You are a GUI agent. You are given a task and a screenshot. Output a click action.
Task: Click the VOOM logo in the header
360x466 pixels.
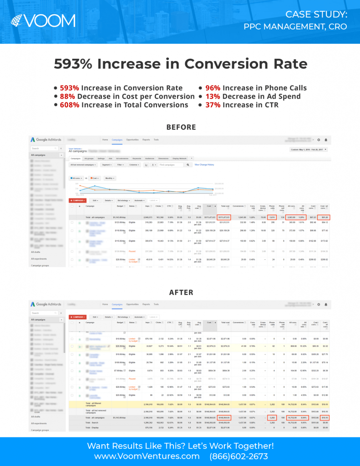pos(44,21)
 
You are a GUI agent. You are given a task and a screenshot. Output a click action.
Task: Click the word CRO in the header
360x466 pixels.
pos(337,26)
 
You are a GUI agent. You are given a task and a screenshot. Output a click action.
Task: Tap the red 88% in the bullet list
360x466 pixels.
pos(67,96)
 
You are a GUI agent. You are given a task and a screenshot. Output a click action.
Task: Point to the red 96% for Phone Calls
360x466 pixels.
pos(213,88)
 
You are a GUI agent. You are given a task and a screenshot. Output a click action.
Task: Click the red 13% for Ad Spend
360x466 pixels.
pos(212,96)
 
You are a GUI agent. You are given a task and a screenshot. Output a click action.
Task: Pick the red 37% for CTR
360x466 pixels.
pos(213,105)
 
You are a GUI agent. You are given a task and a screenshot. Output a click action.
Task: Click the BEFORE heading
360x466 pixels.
pos(181,127)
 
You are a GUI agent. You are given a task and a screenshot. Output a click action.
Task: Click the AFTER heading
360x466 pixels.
pos(181,292)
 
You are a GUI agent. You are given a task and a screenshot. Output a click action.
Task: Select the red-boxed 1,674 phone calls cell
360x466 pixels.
pos(272,218)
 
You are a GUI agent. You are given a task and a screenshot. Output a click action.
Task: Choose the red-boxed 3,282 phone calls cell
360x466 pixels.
pos(272,417)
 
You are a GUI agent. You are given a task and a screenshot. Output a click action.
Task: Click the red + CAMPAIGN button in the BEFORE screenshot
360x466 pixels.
pos(78,200)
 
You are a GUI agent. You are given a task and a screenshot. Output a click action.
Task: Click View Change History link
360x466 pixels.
pos(204,165)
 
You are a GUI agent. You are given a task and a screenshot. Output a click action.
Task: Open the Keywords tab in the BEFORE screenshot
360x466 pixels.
pos(137,158)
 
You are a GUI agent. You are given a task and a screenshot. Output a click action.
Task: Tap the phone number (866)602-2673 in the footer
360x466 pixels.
pos(239,456)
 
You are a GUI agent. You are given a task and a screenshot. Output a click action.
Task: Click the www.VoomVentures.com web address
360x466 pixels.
pos(147,456)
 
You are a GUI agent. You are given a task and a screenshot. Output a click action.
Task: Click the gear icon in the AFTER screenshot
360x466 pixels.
pos(318,304)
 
